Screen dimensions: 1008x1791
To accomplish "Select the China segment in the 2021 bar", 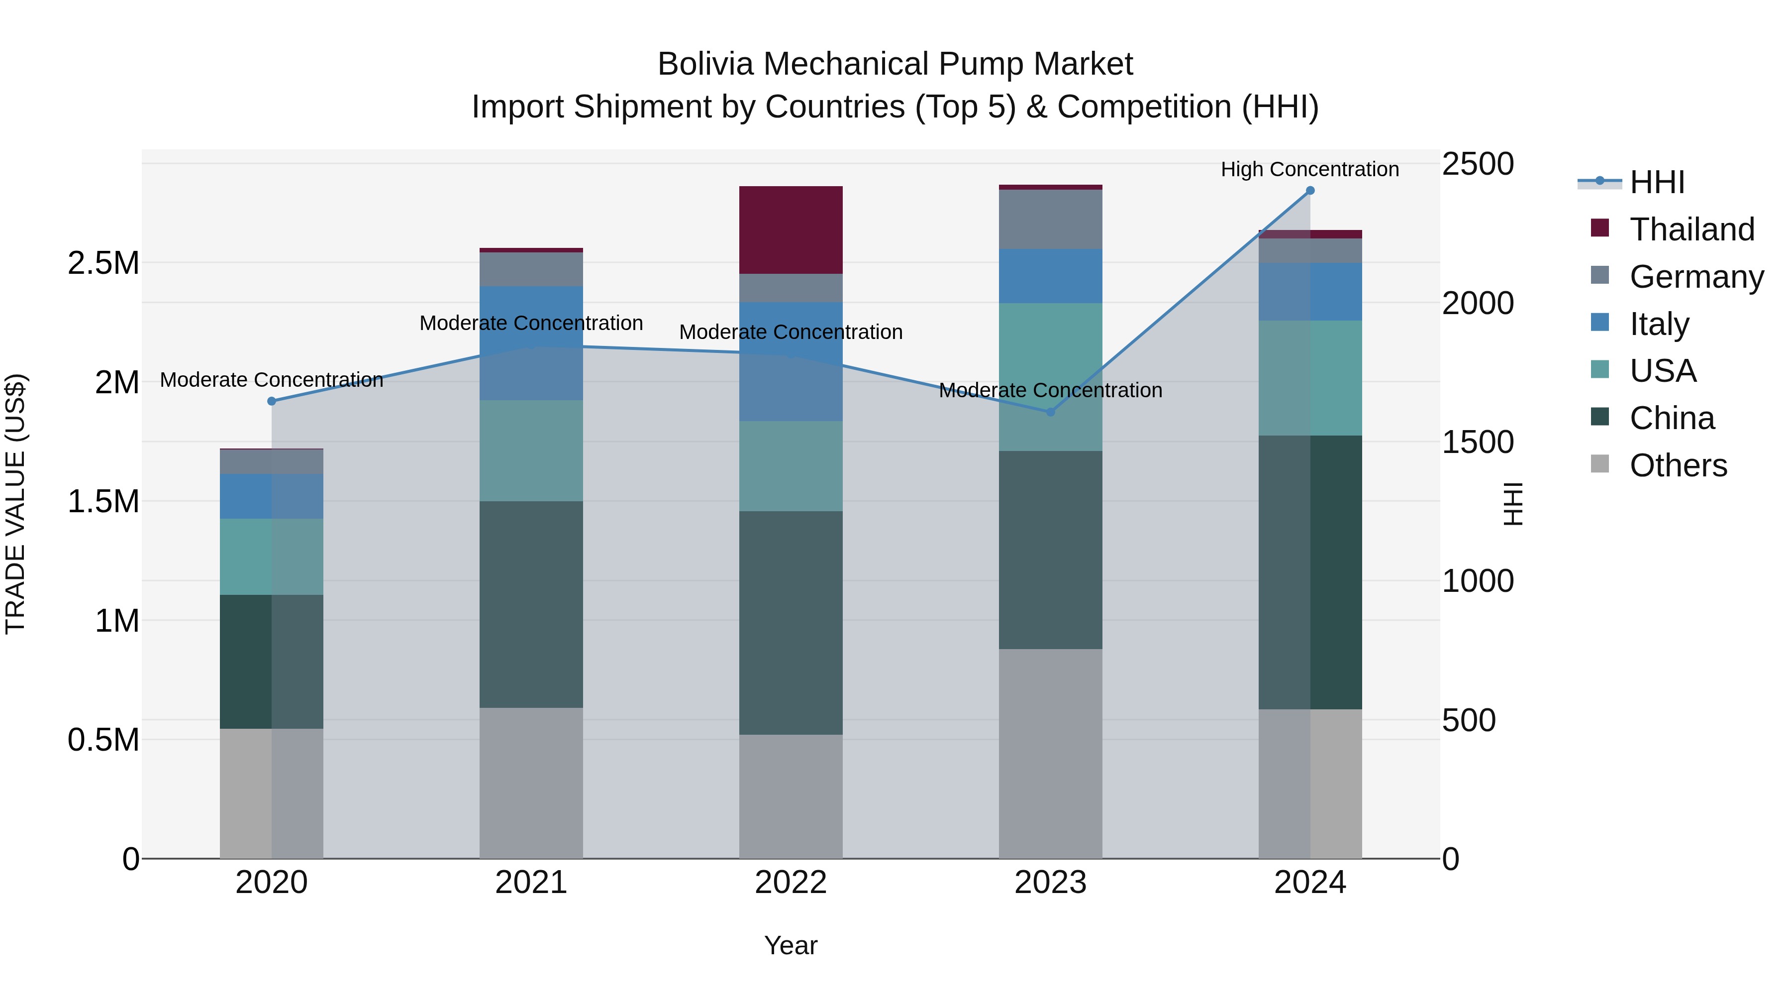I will (531, 604).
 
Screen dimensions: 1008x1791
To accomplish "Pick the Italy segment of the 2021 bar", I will (531, 342).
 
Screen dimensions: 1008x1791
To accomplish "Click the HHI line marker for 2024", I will (1310, 191).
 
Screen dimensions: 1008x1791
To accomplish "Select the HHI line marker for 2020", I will (272, 401).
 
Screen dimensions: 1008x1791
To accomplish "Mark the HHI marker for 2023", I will (1051, 412).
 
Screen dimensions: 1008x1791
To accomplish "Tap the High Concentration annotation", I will (1310, 169).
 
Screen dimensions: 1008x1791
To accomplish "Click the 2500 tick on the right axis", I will (1478, 164).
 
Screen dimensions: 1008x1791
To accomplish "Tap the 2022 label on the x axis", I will (791, 883).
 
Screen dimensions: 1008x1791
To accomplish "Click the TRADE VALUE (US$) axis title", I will (15, 504).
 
